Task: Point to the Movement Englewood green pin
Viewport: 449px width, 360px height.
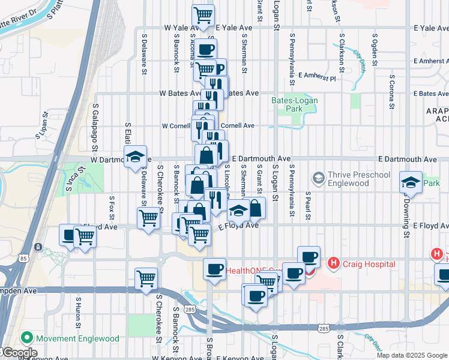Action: click(25, 338)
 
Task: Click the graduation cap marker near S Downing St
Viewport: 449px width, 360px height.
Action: click(411, 182)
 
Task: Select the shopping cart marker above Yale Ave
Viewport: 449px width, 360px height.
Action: click(203, 16)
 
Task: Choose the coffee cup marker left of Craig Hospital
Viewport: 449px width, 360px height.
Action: click(309, 257)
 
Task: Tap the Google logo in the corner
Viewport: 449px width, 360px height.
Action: click(19, 353)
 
